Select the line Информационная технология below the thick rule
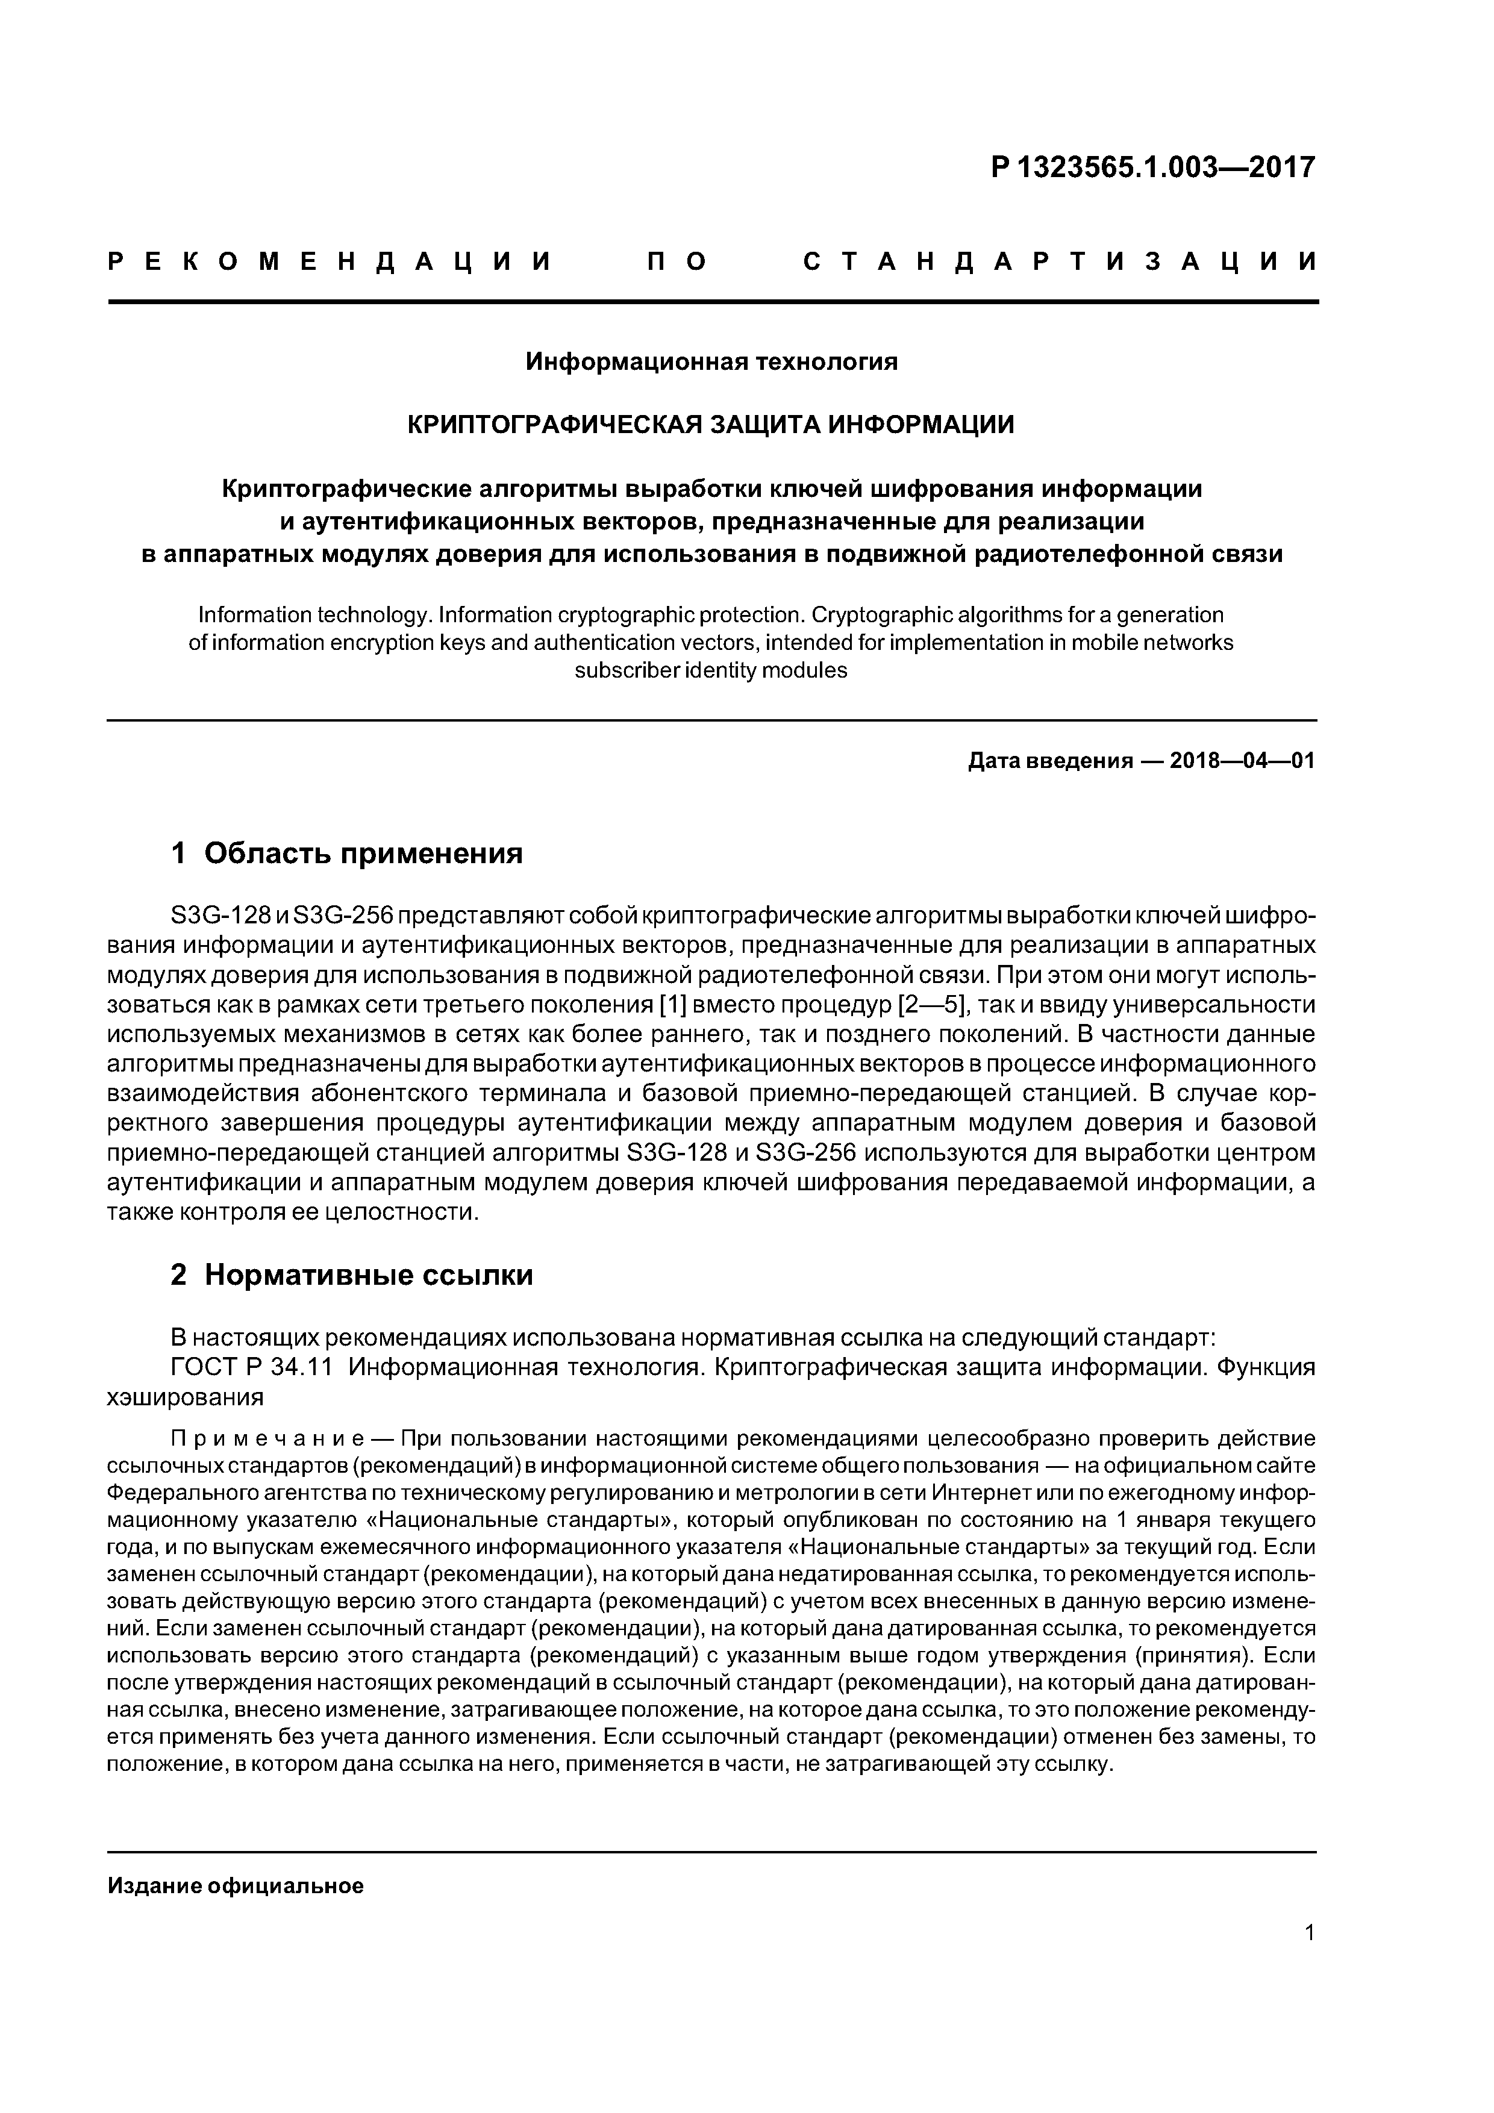(x=711, y=361)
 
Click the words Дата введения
(x=1049, y=761)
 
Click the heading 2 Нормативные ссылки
(x=352, y=1275)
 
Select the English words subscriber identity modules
(x=711, y=670)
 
